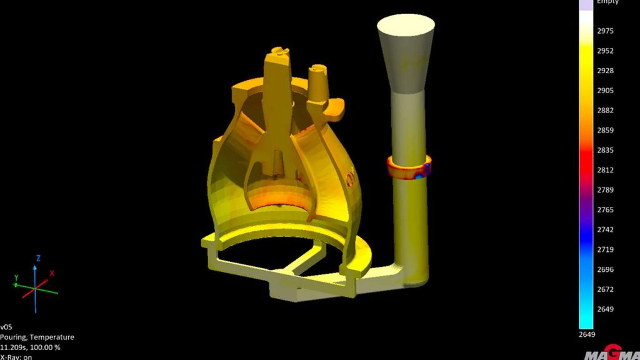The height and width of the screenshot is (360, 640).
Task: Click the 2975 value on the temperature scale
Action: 606,31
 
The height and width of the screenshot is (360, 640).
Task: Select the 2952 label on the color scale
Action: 606,51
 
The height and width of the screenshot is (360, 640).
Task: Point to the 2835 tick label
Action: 606,150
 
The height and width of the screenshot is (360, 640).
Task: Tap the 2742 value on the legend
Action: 606,229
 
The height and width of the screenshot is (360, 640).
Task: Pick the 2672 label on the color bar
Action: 606,289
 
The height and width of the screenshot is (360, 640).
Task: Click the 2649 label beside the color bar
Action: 606,309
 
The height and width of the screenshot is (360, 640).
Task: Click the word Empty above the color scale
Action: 607,2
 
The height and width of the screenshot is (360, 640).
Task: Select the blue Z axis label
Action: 38,257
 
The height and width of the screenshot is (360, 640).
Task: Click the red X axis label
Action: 52,273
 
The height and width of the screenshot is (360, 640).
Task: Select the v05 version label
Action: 6,327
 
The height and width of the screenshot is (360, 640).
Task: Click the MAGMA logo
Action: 611,354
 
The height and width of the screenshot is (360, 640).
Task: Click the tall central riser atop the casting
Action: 277,87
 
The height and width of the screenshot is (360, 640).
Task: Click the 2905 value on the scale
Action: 606,91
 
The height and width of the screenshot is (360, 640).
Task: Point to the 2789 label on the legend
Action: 606,190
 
